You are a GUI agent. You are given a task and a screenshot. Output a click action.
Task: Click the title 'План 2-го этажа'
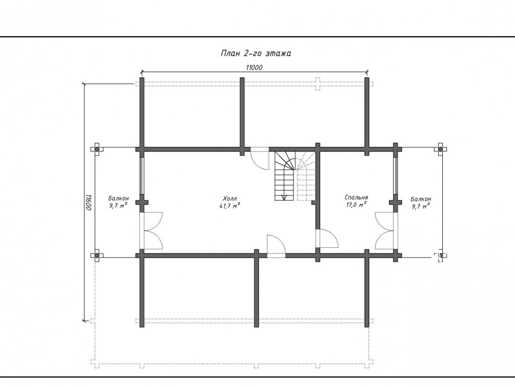pyautogui.click(x=256, y=53)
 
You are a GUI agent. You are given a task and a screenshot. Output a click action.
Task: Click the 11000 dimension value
pyautogui.click(x=254, y=68)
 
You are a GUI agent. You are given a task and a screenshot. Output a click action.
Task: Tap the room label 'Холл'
pyautogui.click(x=230, y=199)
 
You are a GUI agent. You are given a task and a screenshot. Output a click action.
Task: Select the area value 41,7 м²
pyautogui.click(x=230, y=206)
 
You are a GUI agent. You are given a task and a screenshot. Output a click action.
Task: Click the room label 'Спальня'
pyautogui.click(x=356, y=198)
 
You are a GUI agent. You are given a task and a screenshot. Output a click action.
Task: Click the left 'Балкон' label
pyautogui.click(x=118, y=198)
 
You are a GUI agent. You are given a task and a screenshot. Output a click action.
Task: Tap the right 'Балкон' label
pyautogui.click(x=421, y=199)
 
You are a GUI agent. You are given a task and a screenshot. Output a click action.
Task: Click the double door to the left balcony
pyautogui.click(x=151, y=230)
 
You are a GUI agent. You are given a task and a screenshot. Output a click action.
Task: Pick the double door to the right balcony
pyautogui.click(x=385, y=230)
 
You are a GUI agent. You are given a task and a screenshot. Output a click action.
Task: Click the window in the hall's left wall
pyautogui.click(x=142, y=176)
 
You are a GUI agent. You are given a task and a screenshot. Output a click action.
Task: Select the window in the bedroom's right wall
pyautogui.click(x=396, y=176)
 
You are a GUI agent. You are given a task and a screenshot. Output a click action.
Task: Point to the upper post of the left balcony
pyautogui.click(x=97, y=149)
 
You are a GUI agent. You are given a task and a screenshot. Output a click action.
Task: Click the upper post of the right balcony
pyautogui.click(x=441, y=149)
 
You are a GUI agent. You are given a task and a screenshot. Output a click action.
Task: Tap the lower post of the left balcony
pyautogui.click(x=97, y=255)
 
